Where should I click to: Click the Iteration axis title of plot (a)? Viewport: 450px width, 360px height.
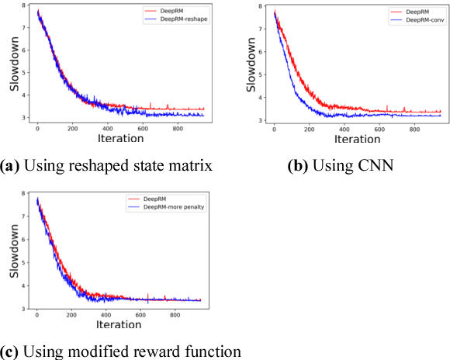(x=120, y=138)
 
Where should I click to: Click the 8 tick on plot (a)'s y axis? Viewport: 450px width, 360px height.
(x=29, y=7)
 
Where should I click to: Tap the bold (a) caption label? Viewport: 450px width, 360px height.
(x=11, y=165)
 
